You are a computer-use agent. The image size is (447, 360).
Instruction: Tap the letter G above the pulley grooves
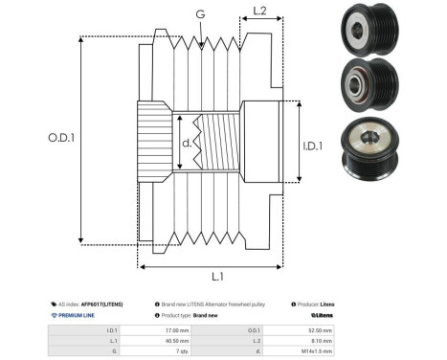point(199,14)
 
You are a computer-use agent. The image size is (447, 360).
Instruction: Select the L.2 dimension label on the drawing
point(258,12)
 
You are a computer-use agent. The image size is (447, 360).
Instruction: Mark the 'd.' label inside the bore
point(188,146)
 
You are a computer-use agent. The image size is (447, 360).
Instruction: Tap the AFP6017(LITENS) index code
point(101,303)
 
